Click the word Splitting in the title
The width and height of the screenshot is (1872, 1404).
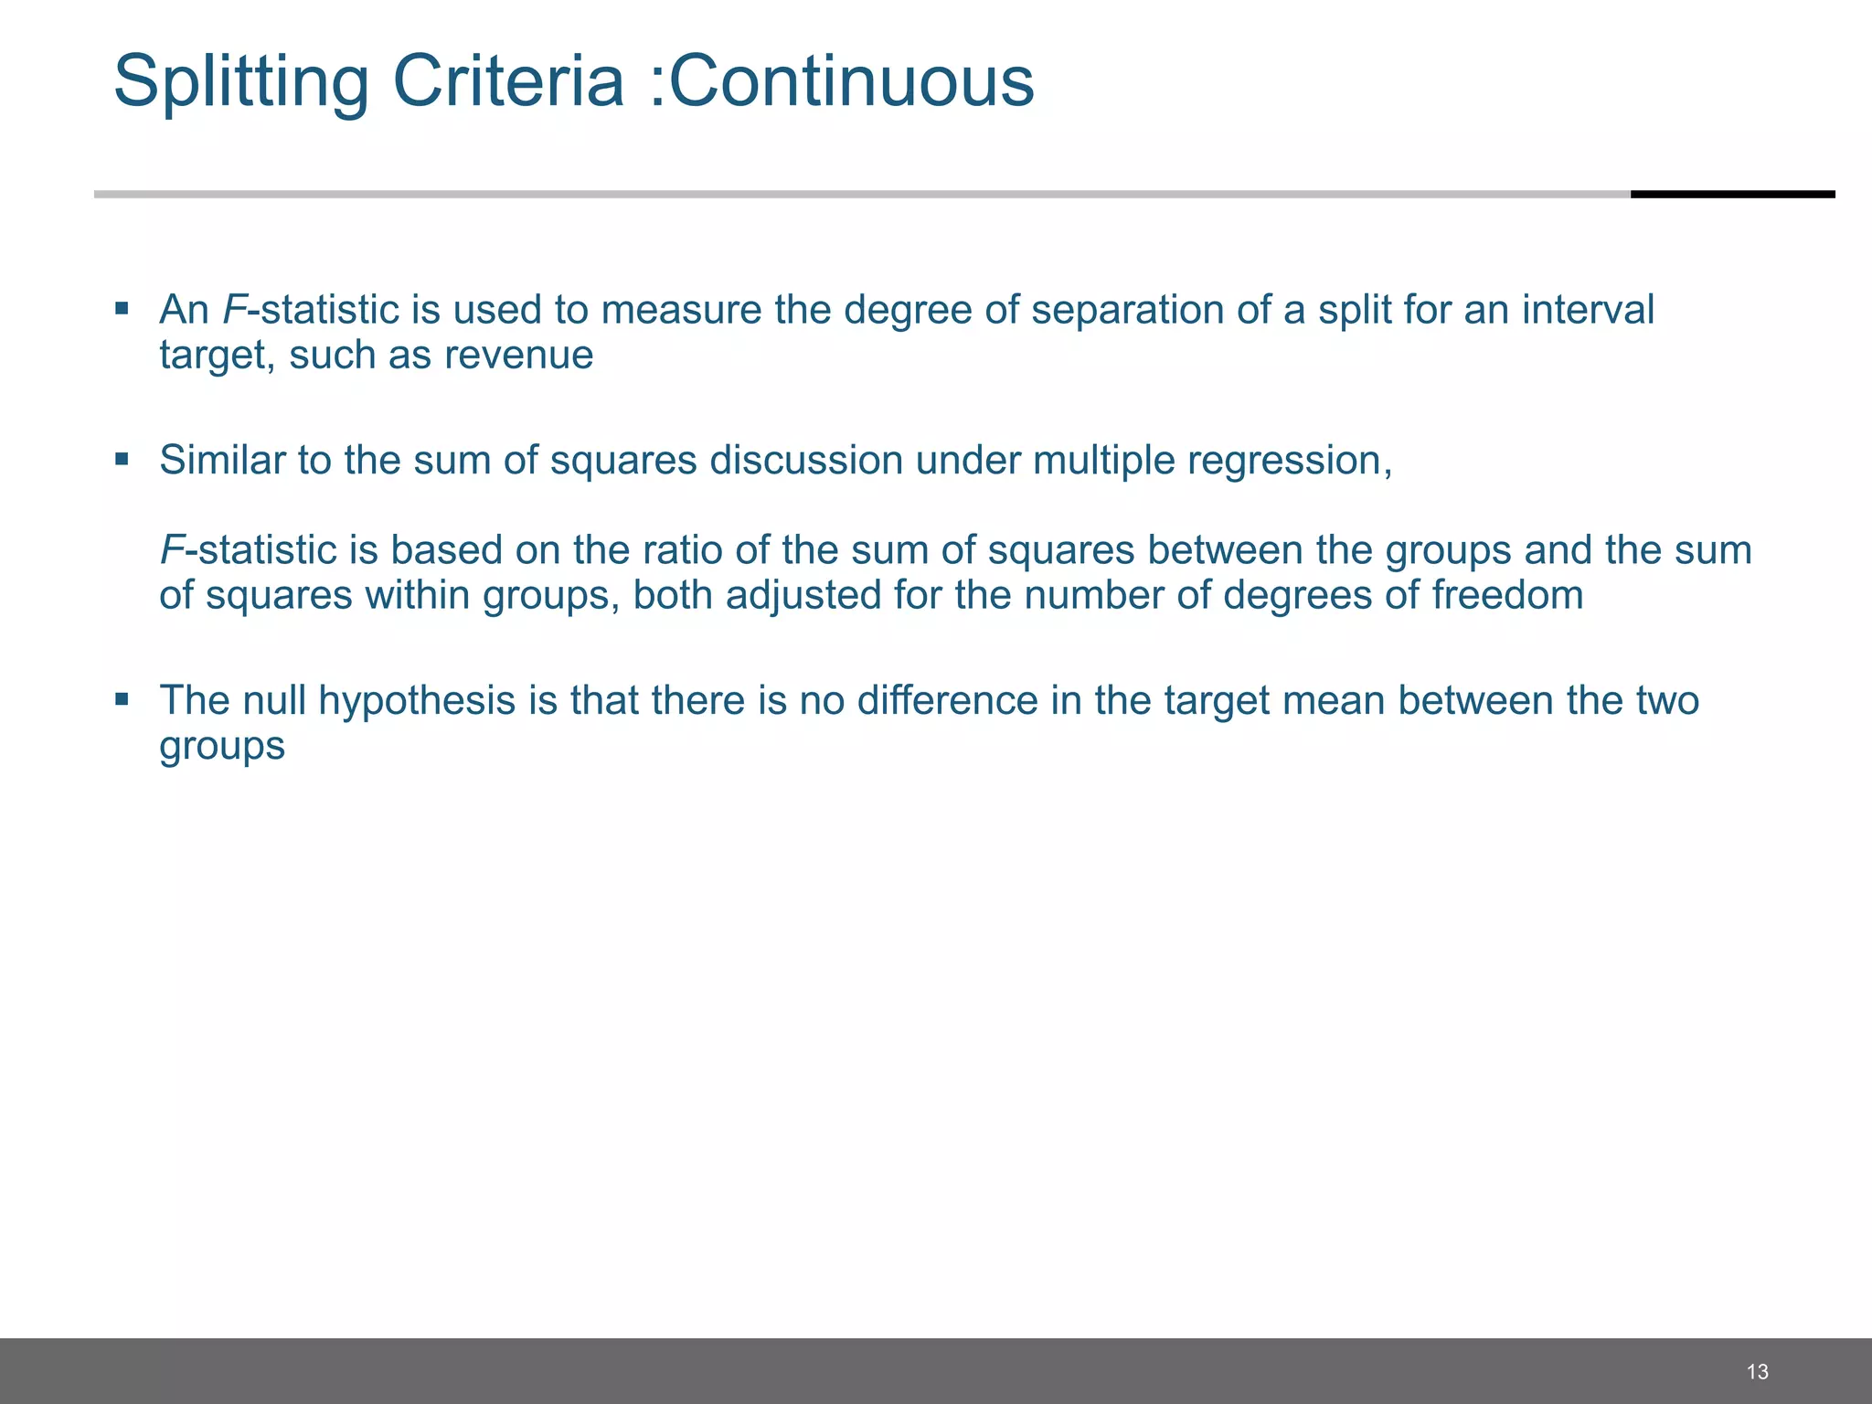click(x=241, y=82)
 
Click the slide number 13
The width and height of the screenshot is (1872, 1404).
click(x=1757, y=1371)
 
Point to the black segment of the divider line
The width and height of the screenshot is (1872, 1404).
click(x=1732, y=194)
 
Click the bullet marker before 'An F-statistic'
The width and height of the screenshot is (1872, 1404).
click(x=122, y=308)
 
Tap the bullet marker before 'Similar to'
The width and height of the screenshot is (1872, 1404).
click(x=122, y=458)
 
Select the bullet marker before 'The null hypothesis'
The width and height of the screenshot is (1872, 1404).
click(x=122, y=699)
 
